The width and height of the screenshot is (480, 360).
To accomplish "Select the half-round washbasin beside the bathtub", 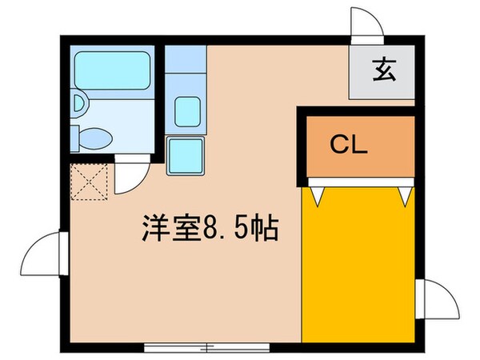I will [x=77, y=102].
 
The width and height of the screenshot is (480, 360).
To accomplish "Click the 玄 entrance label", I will [x=382, y=72].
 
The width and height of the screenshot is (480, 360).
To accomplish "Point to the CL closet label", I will [x=349, y=146].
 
